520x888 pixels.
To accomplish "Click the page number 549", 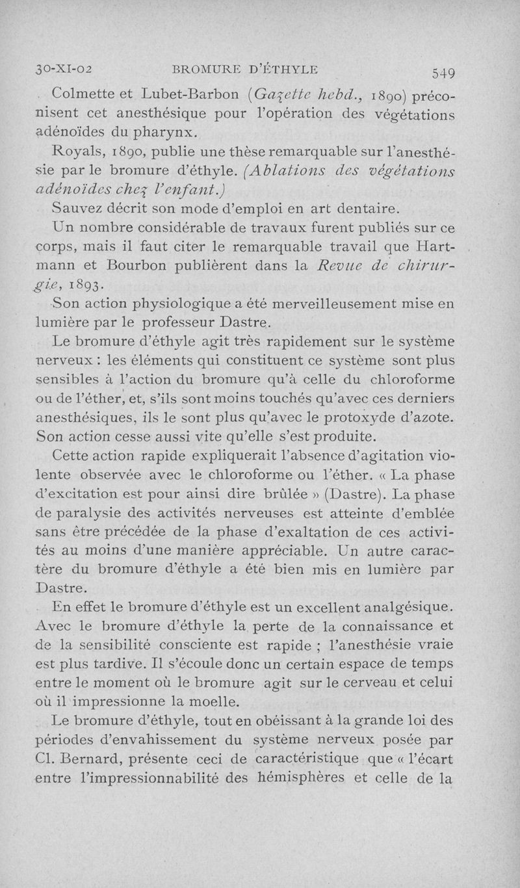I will tap(442, 71).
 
